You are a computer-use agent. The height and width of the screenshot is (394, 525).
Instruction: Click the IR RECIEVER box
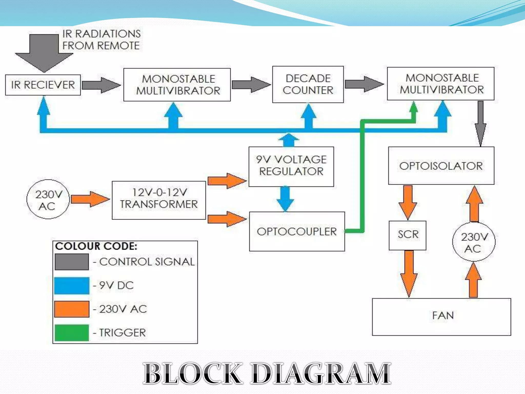43,85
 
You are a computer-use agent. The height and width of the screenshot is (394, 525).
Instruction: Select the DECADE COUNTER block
308,84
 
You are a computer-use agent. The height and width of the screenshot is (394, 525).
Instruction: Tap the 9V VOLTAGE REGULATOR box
291,166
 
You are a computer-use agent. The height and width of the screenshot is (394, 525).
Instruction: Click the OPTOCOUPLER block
297,231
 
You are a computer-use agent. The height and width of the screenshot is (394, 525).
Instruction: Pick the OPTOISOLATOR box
441,166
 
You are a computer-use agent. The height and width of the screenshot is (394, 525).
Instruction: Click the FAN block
441,317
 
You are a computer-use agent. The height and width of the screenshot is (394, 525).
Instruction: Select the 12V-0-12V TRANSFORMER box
159,200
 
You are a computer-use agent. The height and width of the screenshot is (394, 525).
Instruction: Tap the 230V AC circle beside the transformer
48,199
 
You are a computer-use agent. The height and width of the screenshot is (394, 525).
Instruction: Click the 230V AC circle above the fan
474,242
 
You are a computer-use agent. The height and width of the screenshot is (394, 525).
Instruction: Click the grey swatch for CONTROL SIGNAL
72,262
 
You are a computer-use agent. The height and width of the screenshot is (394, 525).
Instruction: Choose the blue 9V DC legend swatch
72,285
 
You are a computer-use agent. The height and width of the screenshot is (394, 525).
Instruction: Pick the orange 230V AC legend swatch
72,309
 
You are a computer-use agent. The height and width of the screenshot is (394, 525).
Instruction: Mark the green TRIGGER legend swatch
72,333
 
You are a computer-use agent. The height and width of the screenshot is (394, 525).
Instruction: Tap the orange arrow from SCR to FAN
409,273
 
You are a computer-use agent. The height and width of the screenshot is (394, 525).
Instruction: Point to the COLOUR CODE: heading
96,246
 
